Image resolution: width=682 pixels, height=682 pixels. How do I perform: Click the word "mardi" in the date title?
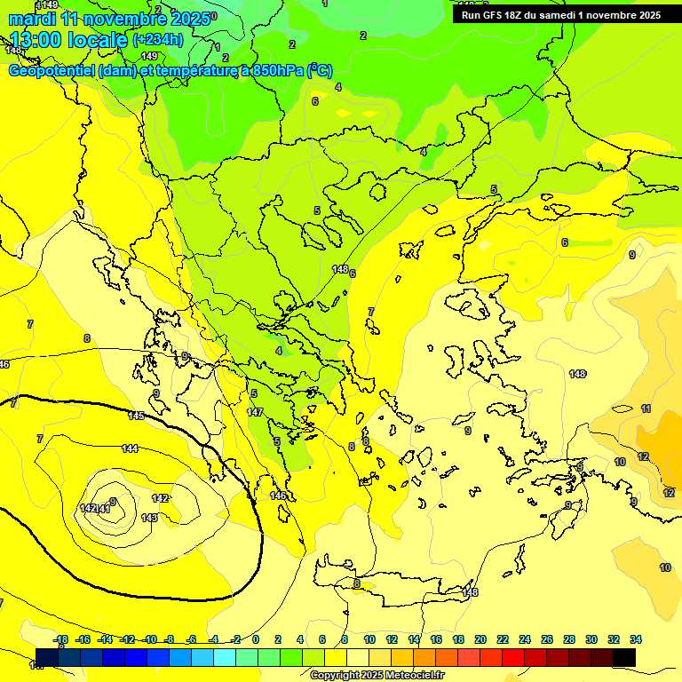32,19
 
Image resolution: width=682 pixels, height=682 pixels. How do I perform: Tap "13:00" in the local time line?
35,40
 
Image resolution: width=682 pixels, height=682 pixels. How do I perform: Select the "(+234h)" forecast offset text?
158,39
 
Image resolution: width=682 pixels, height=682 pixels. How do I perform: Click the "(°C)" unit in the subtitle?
320,71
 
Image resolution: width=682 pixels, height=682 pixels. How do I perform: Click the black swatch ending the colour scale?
623,657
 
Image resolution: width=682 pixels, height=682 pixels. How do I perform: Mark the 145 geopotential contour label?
136,416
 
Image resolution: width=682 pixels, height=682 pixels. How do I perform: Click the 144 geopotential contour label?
131,448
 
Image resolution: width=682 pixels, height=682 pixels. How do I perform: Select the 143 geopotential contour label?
149,518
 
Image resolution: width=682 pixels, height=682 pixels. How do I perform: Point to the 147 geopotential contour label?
255,412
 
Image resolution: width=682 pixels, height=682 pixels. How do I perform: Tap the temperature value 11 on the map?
646,408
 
